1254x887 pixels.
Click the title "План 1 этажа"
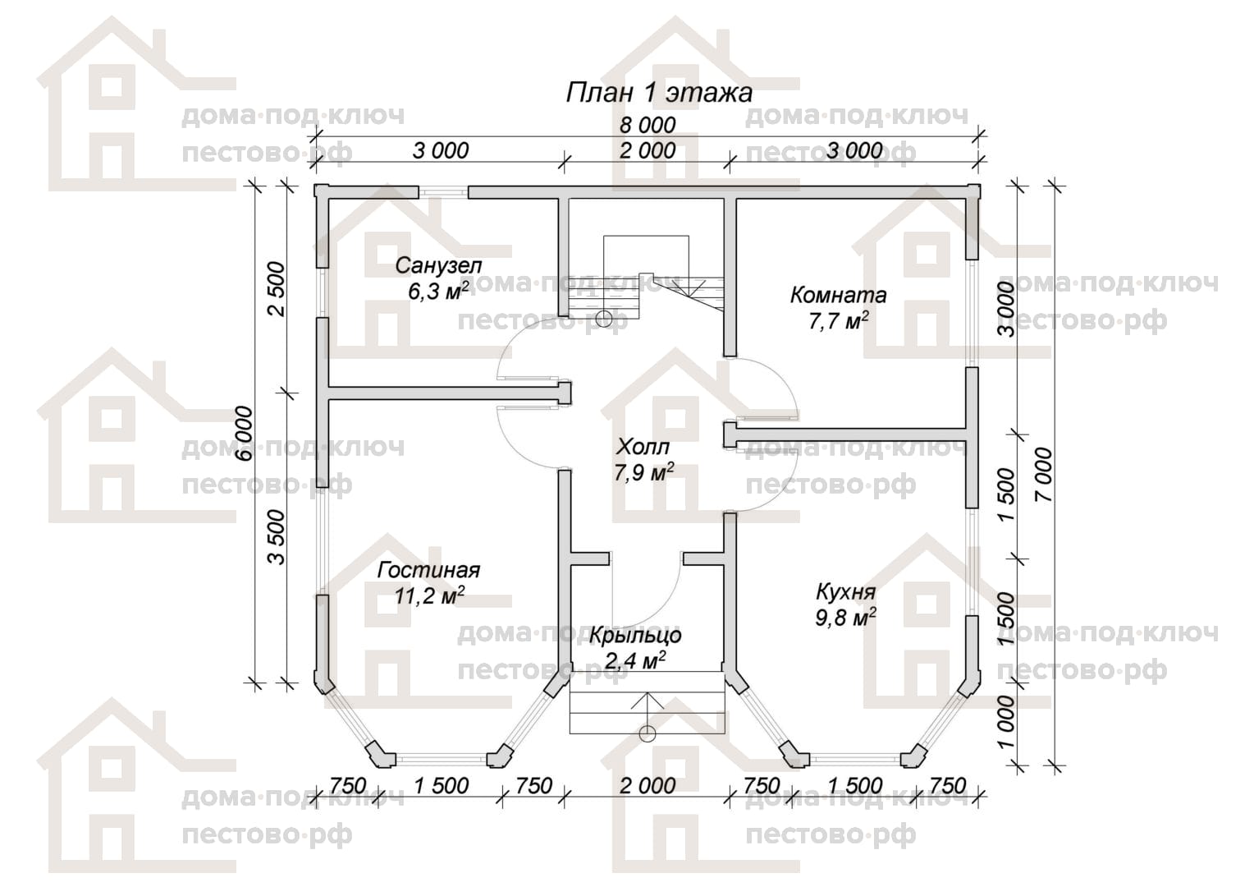tap(659, 93)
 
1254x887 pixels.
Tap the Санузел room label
tap(438, 265)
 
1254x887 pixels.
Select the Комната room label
tap(838, 295)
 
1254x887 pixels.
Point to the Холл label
tap(643, 447)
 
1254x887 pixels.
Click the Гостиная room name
tap(429, 571)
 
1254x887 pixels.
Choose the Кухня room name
tap(845, 591)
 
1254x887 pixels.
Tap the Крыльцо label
tap(635, 636)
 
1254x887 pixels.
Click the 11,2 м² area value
tap(429, 595)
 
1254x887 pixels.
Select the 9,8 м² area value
tap(845, 618)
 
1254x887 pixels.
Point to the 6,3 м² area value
tap(438, 291)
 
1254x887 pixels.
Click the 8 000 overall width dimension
tap(648, 125)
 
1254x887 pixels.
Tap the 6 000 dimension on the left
tap(245, 434)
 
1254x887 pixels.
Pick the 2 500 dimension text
tap(277, 289)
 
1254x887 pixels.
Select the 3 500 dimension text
tap(277, 537)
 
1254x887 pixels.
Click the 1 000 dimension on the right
tap(1006, 722)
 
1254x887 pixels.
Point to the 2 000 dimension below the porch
tap(648, 786)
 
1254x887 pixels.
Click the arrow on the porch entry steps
tap(648, 711)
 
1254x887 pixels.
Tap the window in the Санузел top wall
tap(444, 192)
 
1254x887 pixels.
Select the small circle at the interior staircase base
tap(603, 319)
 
